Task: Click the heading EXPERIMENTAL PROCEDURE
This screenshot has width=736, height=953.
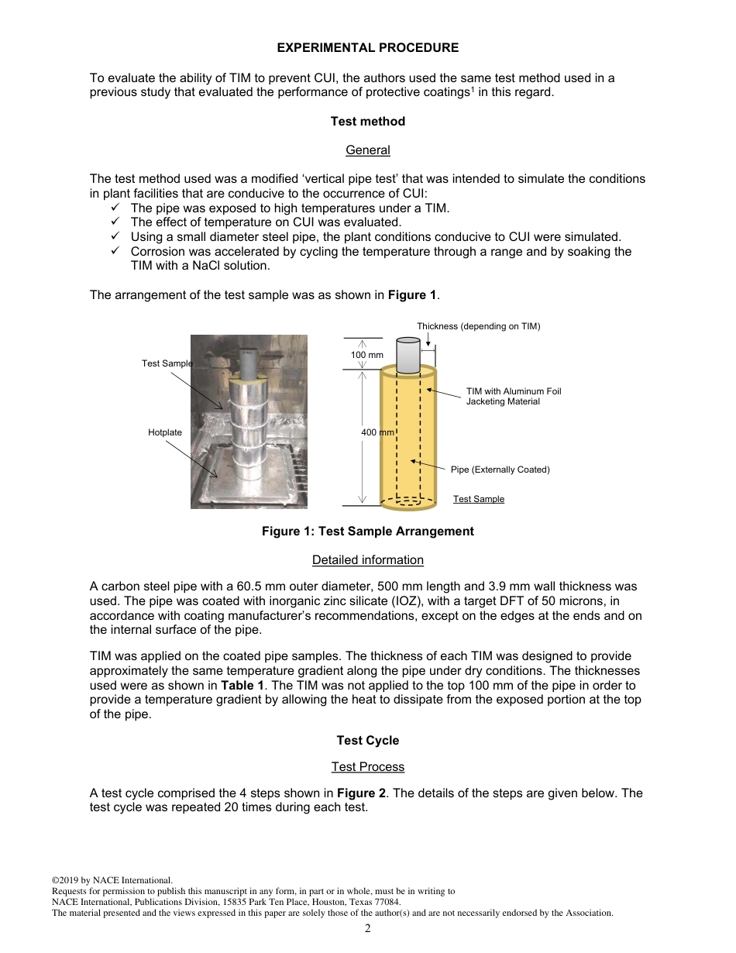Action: pos(367,48)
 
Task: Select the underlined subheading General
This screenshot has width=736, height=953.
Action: pos(367,150)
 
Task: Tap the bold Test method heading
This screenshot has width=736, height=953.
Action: pos(367,122)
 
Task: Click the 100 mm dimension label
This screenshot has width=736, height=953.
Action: pos(367,355)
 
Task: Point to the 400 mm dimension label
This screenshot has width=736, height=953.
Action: pos(378,432)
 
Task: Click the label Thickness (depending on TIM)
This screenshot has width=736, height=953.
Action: pos(478,326)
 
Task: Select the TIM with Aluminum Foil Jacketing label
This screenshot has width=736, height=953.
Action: pos(513,396)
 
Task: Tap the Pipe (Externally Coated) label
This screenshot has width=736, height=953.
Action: pos(500,470)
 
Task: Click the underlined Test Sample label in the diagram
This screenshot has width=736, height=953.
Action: pos(478,499)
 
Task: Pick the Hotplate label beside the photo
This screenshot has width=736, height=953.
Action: pos(165,432)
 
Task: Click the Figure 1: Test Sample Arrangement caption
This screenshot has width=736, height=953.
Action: pos(367,532)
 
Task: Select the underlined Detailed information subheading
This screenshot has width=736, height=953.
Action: pos(367,560)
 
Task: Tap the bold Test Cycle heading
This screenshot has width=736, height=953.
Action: pos(367,741)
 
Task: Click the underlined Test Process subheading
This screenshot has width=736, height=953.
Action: pos(367,767)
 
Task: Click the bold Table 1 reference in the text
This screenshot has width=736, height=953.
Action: pos(242,686)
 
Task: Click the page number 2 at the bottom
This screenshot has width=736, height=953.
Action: pos(368,929)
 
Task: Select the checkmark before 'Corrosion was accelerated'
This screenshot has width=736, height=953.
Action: pos(116,252)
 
